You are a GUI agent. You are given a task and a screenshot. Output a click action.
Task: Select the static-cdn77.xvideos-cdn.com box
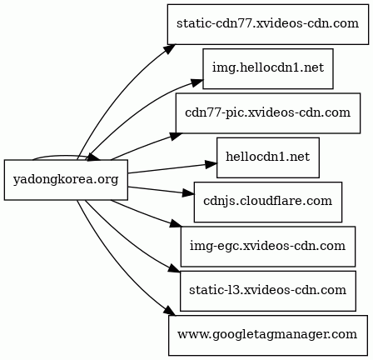tap(267, 23)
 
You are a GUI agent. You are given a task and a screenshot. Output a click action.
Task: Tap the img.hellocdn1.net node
tap(267, 68)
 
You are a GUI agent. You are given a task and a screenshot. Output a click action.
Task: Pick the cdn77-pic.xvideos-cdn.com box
tap(267, 112)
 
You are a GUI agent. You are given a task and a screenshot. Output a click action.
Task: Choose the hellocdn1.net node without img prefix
tap(267, 157)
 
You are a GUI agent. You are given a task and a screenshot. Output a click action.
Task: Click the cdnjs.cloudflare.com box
tap(267, 202)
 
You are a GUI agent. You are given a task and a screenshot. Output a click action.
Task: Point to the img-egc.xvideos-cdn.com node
tap(267, 246)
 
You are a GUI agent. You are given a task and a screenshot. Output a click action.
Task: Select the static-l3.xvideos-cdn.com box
tap(267, 290)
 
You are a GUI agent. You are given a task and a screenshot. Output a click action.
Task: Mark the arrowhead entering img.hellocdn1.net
tap(197, 82)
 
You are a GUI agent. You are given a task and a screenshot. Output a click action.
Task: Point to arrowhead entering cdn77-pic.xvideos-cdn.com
tap(177, 133)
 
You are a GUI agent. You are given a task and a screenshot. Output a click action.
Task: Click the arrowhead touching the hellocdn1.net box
tap(211, 151)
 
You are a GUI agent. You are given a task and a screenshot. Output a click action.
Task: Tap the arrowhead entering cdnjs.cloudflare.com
tap(188, 193)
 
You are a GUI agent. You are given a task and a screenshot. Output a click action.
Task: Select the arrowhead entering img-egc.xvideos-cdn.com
tap(176, 226)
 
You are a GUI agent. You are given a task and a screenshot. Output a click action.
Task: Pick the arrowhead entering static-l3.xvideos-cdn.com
tap(174, 270)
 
